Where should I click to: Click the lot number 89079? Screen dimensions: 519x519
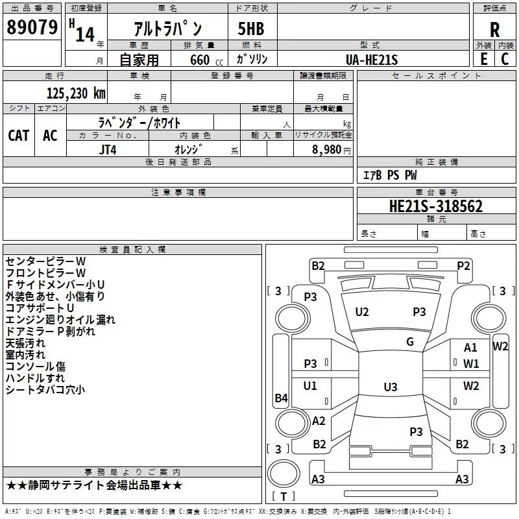click(32, 27)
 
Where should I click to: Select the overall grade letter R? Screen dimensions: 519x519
click(494, 30)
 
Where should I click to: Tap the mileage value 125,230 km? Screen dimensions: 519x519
click(76, 93)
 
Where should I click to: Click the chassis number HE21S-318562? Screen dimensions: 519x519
click(436, 206)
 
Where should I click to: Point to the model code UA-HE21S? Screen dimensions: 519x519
click(371, 60)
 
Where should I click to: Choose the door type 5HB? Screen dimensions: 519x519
click(251, 29)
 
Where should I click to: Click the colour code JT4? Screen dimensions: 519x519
click(108, 150)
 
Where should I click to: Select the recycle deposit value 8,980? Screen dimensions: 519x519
click(326, 150)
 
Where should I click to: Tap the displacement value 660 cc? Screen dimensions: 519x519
click(206, 60)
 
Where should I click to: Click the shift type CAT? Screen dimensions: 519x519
click(19, 136)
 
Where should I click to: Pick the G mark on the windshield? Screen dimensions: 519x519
click(410, 341)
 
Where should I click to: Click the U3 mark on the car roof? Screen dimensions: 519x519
click(391, 387)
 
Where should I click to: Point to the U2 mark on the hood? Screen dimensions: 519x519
click(362, 312)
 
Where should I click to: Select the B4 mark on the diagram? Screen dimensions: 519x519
click(282, 398)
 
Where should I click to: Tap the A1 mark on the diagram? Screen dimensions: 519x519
click(470, 348)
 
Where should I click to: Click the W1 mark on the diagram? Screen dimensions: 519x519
click(471, 364)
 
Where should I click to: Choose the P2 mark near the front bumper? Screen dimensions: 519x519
click(463, 266)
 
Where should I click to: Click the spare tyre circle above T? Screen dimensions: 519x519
click(284, 474)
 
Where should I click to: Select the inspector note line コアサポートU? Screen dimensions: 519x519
click(40, 308)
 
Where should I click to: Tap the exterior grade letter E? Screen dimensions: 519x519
click(483, 59)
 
